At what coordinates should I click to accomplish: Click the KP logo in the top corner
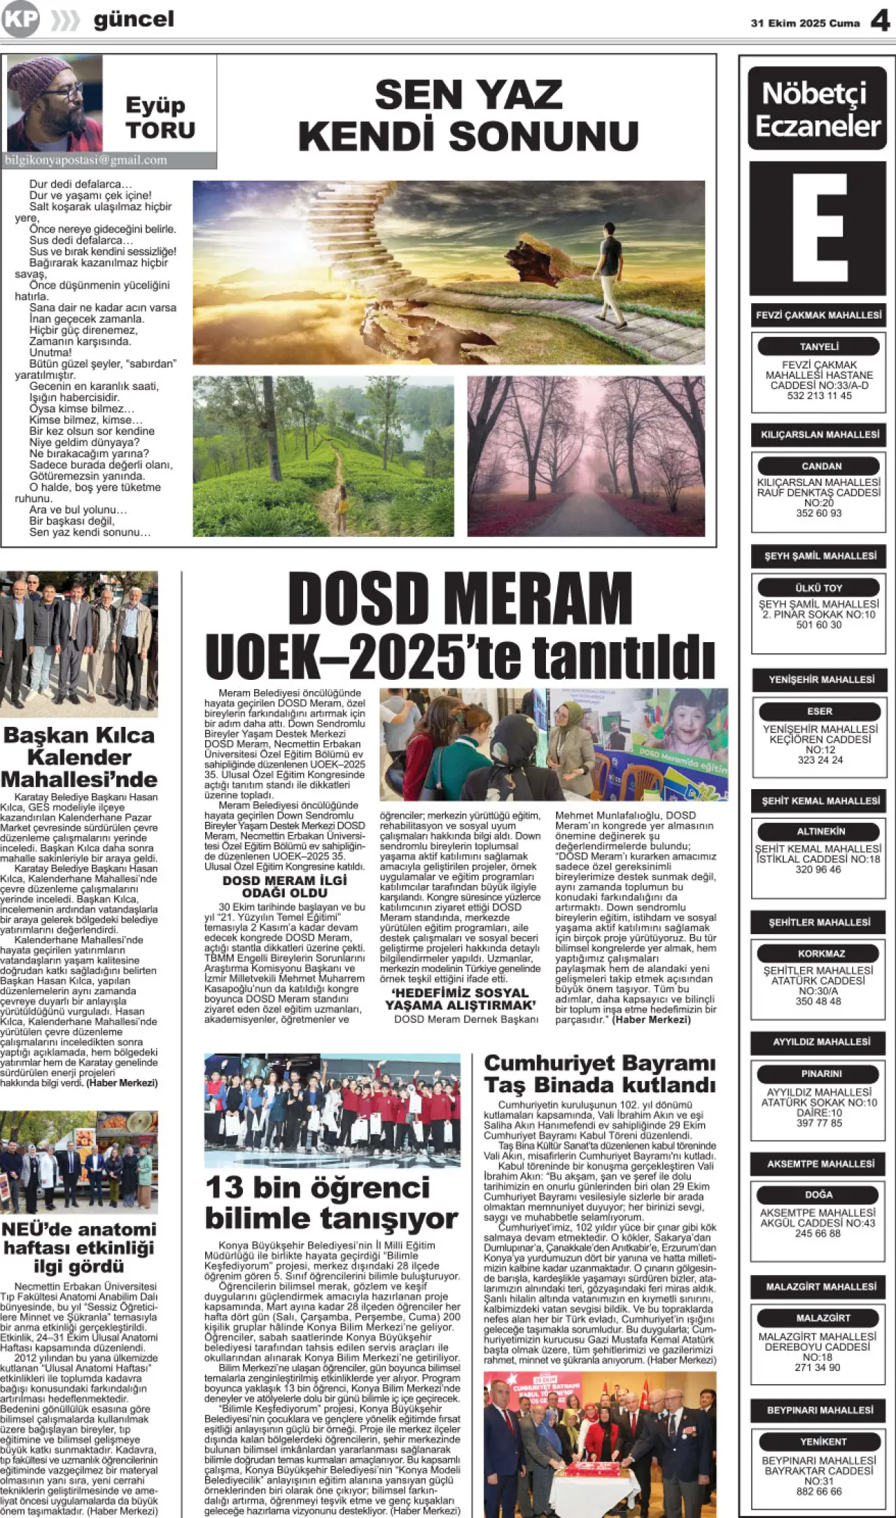tap(20, 20)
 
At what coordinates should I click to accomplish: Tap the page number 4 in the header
tap(880, 21)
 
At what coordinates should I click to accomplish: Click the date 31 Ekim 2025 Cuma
tap(805, 23)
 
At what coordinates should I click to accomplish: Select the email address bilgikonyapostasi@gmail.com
tap(86, 160)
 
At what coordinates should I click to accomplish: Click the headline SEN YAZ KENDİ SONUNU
tap(468, 115)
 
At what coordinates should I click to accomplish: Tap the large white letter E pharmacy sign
tap(818, 228)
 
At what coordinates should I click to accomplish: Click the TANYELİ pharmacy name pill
tap(819, 347)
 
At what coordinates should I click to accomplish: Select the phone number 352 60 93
tap(819, 513)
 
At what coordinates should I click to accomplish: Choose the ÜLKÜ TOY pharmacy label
tap(819, 588)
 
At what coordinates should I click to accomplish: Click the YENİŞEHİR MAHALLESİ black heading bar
tap(821, 680)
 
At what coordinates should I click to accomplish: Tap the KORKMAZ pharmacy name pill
tap(819, 954)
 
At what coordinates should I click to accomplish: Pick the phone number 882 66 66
tap(819, 1492)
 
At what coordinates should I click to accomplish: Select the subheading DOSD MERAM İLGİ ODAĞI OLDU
tap(284, 887)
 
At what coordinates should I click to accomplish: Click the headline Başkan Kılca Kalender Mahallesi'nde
tap(78, 757)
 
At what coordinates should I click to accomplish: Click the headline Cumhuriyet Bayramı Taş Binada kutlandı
tap(599, 1073)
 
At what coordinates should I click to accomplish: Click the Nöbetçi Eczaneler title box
tap(818, 109)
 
